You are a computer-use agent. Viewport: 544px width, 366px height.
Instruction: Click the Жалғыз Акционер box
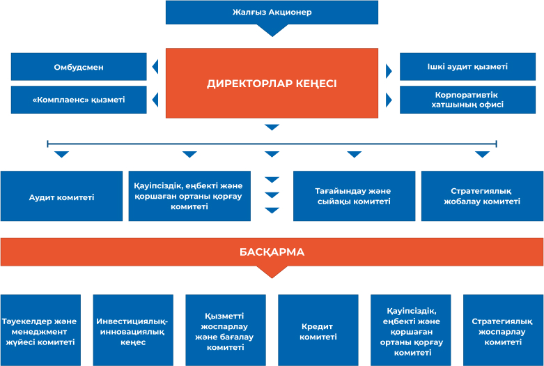(x=272, y=13)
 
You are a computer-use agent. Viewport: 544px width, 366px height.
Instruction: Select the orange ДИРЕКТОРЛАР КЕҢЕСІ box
(x=272, y=82)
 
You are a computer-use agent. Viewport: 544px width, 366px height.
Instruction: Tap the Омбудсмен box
(x=79, y=67)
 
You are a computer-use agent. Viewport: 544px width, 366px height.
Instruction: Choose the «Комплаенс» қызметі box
(x=79, y=100)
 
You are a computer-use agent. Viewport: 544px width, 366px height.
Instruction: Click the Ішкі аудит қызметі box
(x=467, y=67)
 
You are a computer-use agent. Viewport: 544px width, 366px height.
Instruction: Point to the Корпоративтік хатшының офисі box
(x=467, y=100)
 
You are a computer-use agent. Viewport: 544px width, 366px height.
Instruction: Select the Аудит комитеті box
(x=61, y=197)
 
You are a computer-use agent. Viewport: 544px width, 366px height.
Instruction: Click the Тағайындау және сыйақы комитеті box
(x=354, y=197)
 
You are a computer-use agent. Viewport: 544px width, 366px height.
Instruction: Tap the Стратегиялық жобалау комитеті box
(x=482, y=197)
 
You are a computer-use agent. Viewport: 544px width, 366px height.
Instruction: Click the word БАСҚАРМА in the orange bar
(x=272, y=252)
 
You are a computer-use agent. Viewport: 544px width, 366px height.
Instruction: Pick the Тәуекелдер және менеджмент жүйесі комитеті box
(x=40, y=330)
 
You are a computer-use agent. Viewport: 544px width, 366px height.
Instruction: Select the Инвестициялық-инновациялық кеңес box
(x=133, y=330)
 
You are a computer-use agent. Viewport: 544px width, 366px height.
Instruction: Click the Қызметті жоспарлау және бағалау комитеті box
(x=226, y=330)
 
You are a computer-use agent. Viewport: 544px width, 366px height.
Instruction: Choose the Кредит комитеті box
(x=318, y=330)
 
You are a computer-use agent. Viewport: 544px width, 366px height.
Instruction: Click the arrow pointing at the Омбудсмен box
(x=155, y=68)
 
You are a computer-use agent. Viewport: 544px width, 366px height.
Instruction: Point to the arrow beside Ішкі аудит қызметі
(x=389, y=70)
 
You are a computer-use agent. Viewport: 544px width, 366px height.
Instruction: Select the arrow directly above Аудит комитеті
(x=61, y=154)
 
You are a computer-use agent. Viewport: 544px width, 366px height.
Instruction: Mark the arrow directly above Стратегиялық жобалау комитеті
(x=482, y=154)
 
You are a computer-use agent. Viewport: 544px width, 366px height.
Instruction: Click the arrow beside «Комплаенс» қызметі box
(x=155, y=100)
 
